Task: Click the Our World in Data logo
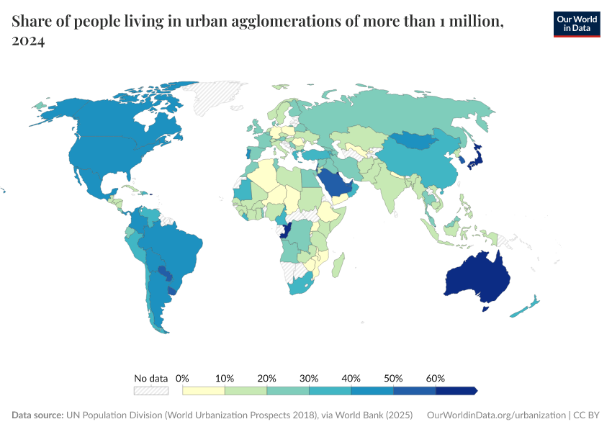point(576,24)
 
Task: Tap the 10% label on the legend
point(225,378)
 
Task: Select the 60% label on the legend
point(436,378)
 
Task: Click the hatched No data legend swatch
point(150,390)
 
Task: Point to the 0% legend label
point(182,378)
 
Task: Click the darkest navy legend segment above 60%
point(456,390)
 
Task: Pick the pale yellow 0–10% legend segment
point(204,390)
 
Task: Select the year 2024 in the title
point(29,41)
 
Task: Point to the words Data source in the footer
point(37,415)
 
